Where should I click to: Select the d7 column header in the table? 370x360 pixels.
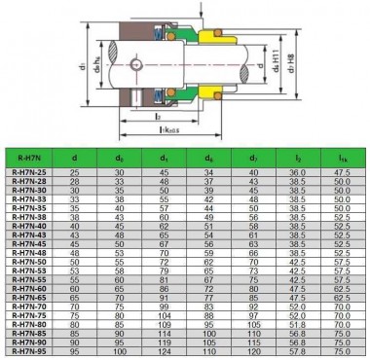click(x=254, y=156)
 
